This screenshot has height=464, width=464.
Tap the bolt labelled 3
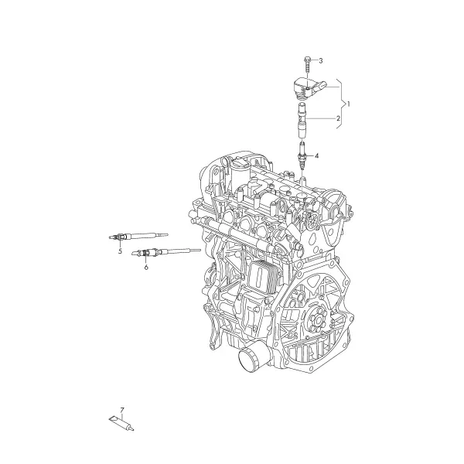click(307, 64)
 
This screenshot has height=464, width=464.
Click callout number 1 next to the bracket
click(349, 104)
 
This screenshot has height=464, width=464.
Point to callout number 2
click(338, 118)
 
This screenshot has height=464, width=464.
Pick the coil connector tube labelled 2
click(302, 120)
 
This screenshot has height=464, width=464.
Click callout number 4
click(316, 155)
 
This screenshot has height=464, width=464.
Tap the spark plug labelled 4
click(302, 155)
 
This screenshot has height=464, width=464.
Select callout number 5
click(120, 251)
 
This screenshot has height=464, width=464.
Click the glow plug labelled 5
click(138, 237)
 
